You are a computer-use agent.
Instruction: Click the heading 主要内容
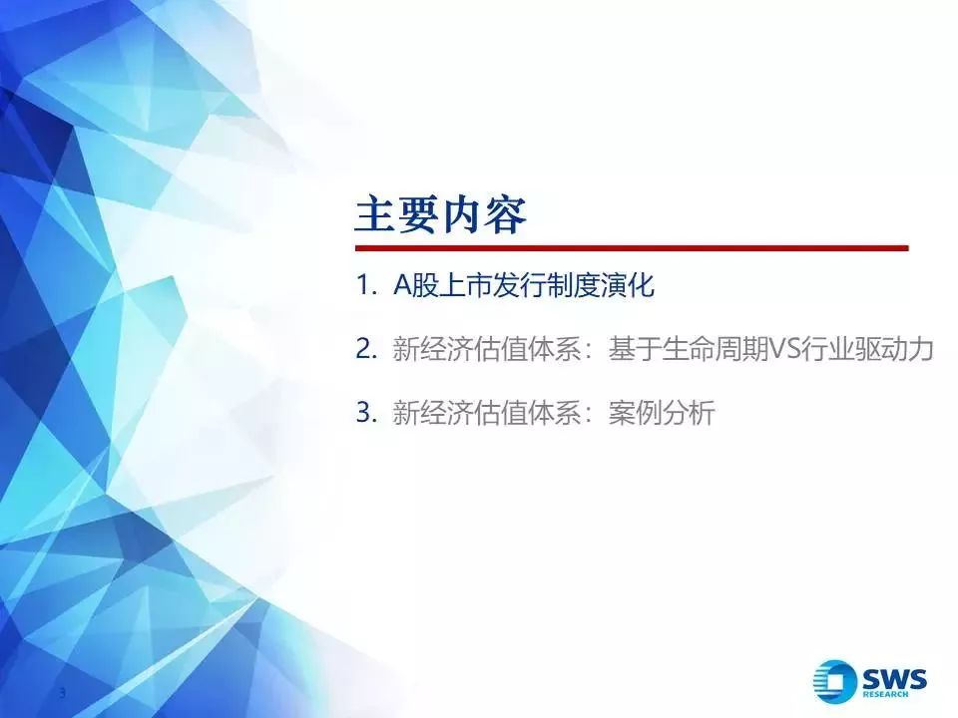point(440,215)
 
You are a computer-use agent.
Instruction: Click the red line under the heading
point(632,248)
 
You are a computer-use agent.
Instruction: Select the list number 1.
point(366,285)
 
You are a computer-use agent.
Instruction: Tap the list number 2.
point(366,349)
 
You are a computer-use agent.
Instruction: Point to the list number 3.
point(366,412)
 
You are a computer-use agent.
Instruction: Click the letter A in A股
point(402,285)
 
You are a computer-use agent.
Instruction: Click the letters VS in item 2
point(784,349)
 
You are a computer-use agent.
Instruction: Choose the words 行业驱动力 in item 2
point(867,349)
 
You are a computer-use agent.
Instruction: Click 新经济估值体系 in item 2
point(486,349)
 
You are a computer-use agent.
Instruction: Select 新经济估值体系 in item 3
point(486,413)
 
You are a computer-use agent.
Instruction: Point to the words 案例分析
point(661,413)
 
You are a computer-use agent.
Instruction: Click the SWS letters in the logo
point(894,678)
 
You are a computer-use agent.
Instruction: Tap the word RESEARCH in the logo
point(885,694)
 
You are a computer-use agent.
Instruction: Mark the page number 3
point(62,693)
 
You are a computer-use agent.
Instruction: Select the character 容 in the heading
point(506,215)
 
